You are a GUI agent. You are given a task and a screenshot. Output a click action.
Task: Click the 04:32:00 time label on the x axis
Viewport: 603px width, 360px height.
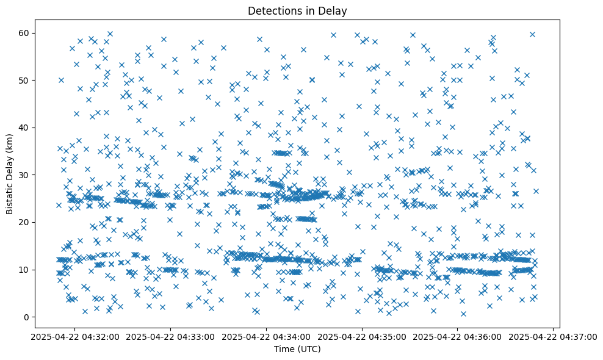(75, 336)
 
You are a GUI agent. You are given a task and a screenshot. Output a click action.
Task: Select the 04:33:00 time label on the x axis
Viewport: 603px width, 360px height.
(171, 336)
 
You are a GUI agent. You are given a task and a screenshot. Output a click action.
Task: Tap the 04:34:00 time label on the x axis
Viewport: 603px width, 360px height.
(267, 336)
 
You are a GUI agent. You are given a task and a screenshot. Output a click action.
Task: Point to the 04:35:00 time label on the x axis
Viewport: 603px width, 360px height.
(363, 336)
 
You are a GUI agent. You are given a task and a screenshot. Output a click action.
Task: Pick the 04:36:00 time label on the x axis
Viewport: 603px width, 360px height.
(458, 336)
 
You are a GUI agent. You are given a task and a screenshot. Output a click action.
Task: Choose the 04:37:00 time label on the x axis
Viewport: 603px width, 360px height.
(554, 336)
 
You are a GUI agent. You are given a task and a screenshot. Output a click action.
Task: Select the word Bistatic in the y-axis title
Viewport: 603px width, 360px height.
(10, 196)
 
